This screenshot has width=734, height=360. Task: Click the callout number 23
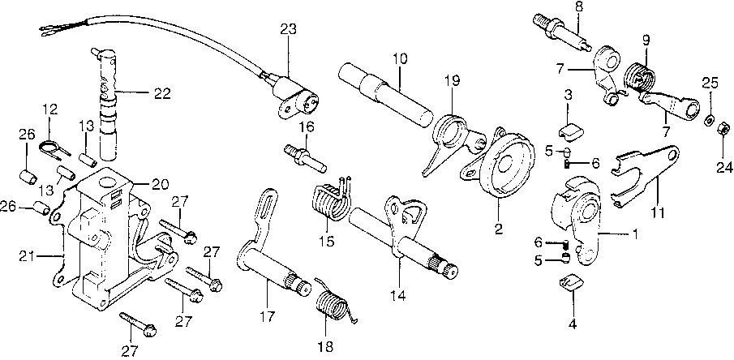click(289, 30)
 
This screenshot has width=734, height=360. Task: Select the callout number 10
click(400, 58)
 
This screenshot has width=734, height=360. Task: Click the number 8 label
click(577, 7)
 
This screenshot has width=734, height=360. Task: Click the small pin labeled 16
click(305, 155)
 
